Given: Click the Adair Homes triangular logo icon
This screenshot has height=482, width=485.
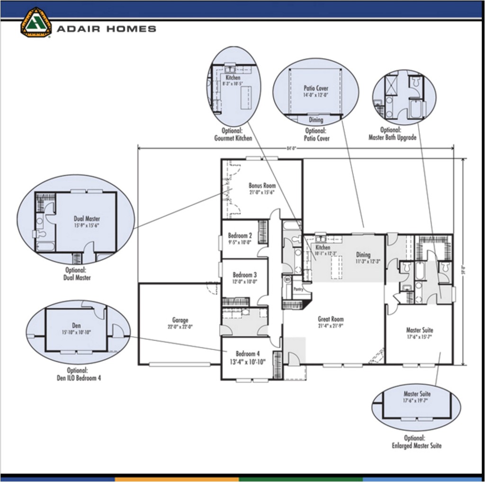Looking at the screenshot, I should [36, 22].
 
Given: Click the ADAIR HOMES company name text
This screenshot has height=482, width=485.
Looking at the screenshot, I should [107, 29].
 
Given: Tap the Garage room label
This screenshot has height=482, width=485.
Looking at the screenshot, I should [180, 320].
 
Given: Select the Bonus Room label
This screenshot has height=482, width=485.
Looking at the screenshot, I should [262, 186].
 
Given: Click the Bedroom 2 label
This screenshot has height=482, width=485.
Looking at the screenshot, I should [240, 236].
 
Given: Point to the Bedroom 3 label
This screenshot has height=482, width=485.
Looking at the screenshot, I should [244, 274].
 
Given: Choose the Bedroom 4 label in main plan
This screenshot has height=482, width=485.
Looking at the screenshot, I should [248, 354].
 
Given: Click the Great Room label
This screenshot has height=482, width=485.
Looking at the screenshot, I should [331, 319].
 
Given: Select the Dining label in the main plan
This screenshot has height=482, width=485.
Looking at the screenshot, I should [363, 255].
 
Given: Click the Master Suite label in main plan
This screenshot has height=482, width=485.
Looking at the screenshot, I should [420, 330].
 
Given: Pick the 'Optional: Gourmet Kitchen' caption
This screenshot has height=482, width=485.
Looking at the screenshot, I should [233, 134].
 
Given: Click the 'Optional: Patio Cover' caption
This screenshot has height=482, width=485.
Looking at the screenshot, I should [317, 135].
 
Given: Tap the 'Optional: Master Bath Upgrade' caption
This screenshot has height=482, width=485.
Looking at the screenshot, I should [392, 134].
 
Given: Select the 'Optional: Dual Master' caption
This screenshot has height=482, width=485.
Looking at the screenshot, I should [77, 274].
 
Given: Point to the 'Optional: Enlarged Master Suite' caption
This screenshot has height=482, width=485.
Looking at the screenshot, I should [417, 442].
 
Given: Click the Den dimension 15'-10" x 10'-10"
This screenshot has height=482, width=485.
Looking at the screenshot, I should [76, 332].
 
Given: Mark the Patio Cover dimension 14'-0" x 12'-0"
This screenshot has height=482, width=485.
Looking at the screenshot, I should [316, 95].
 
